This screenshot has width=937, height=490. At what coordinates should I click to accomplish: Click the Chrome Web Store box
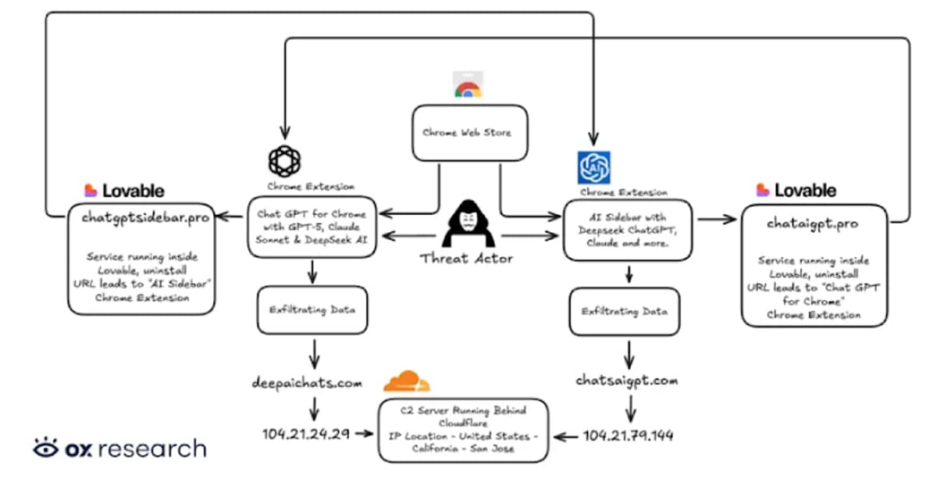point(467,133)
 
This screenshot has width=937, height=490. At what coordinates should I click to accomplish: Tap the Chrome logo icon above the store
point(467,85)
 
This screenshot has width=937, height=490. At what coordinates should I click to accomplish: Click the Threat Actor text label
point(466,258)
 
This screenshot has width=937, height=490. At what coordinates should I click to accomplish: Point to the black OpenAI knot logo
point(284,161)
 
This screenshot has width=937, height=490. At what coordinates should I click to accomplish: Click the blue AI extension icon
point(593,167)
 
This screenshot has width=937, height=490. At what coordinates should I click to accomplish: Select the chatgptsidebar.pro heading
point(145,218)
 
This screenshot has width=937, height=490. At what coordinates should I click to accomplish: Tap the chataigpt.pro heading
point(813,224)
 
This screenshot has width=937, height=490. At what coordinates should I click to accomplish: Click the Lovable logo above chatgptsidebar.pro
point(124,190)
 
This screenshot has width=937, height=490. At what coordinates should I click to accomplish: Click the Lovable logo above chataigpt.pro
point(796,190)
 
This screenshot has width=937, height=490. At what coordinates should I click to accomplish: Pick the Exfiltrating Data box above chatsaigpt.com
point(624,310)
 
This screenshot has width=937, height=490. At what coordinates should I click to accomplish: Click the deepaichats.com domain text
point(307,383)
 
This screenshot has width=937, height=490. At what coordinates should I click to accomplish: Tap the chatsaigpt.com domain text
point(627,381)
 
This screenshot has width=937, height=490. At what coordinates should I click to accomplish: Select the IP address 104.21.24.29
point(306,432)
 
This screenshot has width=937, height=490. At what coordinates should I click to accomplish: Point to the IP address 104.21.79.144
point(629,435)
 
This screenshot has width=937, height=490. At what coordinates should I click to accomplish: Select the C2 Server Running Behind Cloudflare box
point(462,430)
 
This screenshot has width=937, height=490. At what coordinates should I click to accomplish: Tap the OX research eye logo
point(47,448)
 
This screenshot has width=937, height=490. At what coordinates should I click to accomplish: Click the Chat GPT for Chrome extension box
point(312,227)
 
